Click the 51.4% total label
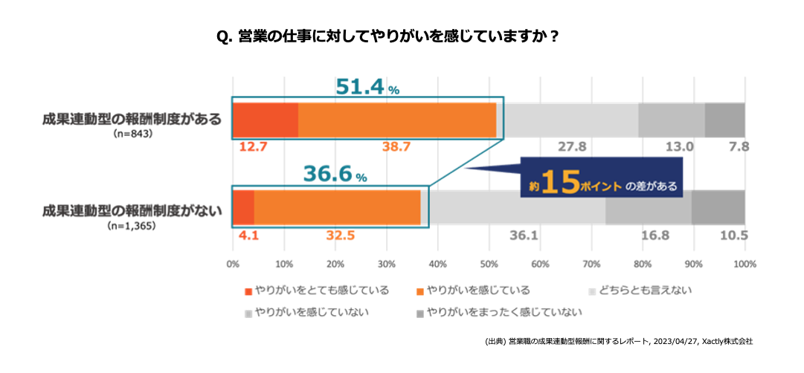[367, 87]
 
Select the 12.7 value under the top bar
[253, 147]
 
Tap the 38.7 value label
[396, 147]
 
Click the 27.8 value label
[572, 147]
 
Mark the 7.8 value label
[739, 147]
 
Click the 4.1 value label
[248, 236]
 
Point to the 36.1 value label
[524, 236]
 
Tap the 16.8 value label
[655, 236]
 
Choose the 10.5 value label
[733, 236]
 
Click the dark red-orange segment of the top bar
[266, 120]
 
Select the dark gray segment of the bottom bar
[718, 207]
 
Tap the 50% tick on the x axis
[489, 264]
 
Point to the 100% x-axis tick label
[744, 264]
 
